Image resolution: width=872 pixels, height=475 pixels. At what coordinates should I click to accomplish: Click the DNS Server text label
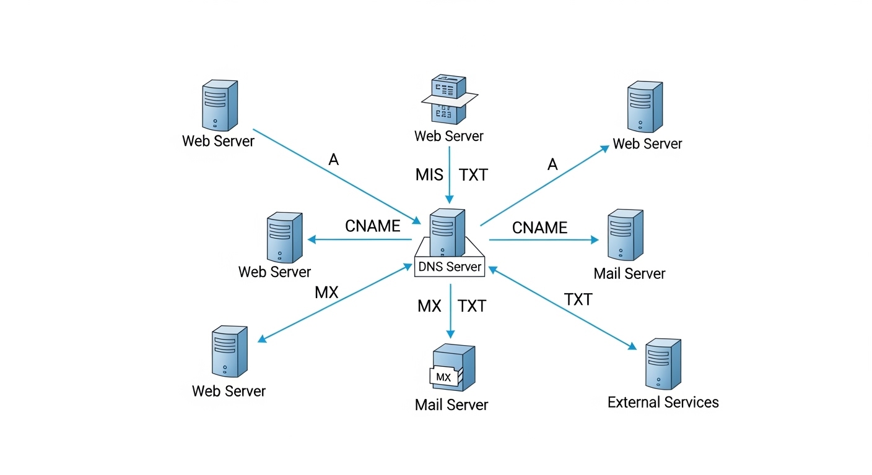pos(450,267)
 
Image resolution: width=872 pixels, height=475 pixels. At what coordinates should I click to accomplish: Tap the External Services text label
pos(663,403)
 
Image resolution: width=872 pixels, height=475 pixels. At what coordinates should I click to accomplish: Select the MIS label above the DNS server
pos(429,175)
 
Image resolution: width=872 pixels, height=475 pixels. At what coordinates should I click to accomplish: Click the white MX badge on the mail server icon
pos(443,377)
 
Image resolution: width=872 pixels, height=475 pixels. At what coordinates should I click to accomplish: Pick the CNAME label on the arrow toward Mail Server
pos(539,228)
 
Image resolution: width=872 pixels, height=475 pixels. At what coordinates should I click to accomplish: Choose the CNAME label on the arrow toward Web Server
pos(372,226)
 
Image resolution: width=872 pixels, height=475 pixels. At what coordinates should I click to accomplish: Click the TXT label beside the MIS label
pos(474,175)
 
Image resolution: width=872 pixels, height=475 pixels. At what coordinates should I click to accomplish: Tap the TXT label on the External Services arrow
pos(578,300)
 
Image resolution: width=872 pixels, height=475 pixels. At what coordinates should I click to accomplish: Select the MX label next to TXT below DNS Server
pos(429,306)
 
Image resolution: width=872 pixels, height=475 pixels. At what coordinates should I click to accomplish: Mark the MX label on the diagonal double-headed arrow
pos(326,293)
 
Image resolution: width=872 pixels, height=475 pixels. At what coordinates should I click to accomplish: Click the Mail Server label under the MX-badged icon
pos(451,405)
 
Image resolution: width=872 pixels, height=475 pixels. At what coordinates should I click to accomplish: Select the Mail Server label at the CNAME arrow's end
pos(629,273)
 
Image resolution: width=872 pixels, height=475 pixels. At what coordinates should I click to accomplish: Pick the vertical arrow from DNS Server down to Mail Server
pos(451,309)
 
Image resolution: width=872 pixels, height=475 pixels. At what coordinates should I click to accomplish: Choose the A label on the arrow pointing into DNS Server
pos(334,160)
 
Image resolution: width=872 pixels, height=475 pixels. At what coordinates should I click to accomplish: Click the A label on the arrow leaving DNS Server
pos(552,165)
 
